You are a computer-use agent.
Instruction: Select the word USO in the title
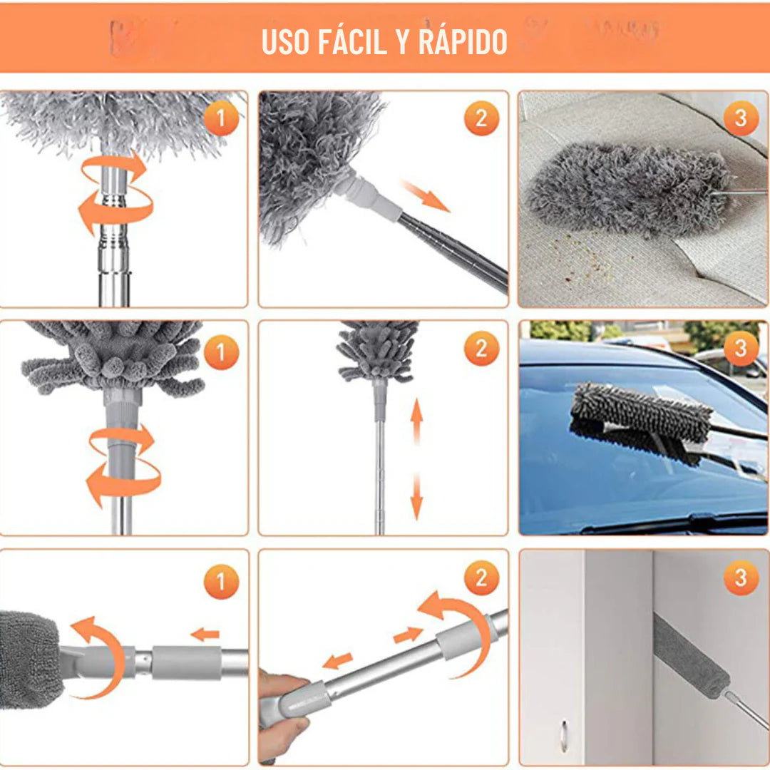pyautogui.click(x=285, y=42)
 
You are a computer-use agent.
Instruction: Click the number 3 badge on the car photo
pyautogui.click(x=741, y=349)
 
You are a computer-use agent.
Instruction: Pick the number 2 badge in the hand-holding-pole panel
pyautogui.click(x=482, y=578)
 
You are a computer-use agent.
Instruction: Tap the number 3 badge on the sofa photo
pyautogui.click(x=741, y=119)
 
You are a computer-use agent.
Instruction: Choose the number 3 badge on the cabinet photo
pyautogui.click(x=741, y=578)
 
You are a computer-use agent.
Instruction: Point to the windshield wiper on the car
pyautogui.click(x=670, y=524)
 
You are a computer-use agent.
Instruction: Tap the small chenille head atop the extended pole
pyautogui.click(x=378, y=349)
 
